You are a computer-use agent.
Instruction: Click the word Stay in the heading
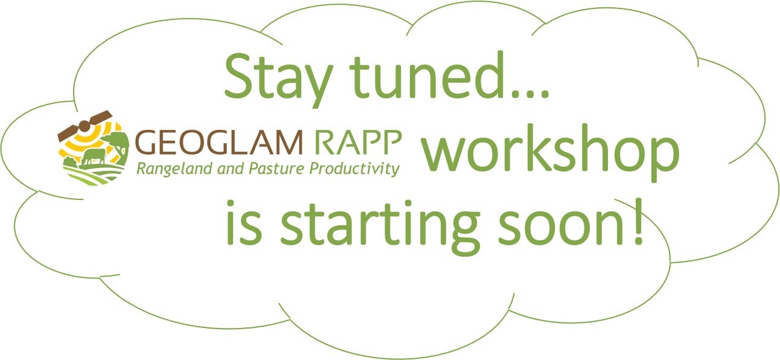click(278, 81)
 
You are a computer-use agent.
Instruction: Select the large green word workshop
click(550, 153)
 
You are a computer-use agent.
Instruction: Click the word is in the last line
click(244, 222)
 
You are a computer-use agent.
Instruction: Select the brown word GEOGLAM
click(219, 142)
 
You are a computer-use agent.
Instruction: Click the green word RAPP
click(359, 142)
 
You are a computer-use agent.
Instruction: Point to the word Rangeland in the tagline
click(174, 169)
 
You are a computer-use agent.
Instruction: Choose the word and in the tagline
click(230, 169)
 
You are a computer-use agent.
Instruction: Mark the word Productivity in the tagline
click(354, 169)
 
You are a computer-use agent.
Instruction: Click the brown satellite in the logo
click(85, 126)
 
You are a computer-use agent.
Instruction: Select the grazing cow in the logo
click(94, 156)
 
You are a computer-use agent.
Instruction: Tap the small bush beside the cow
click(70, 162)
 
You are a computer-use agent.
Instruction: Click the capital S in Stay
click(238, 76)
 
